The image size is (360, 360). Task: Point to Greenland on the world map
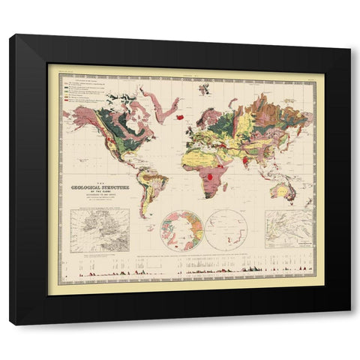tap(154, 105)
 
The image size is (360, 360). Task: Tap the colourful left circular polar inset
tap(182, 229)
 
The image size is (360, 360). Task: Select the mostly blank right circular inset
tap(228, 230)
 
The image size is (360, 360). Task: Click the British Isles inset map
tap(100, 229)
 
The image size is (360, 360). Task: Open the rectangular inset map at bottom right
tap(292, 229)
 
